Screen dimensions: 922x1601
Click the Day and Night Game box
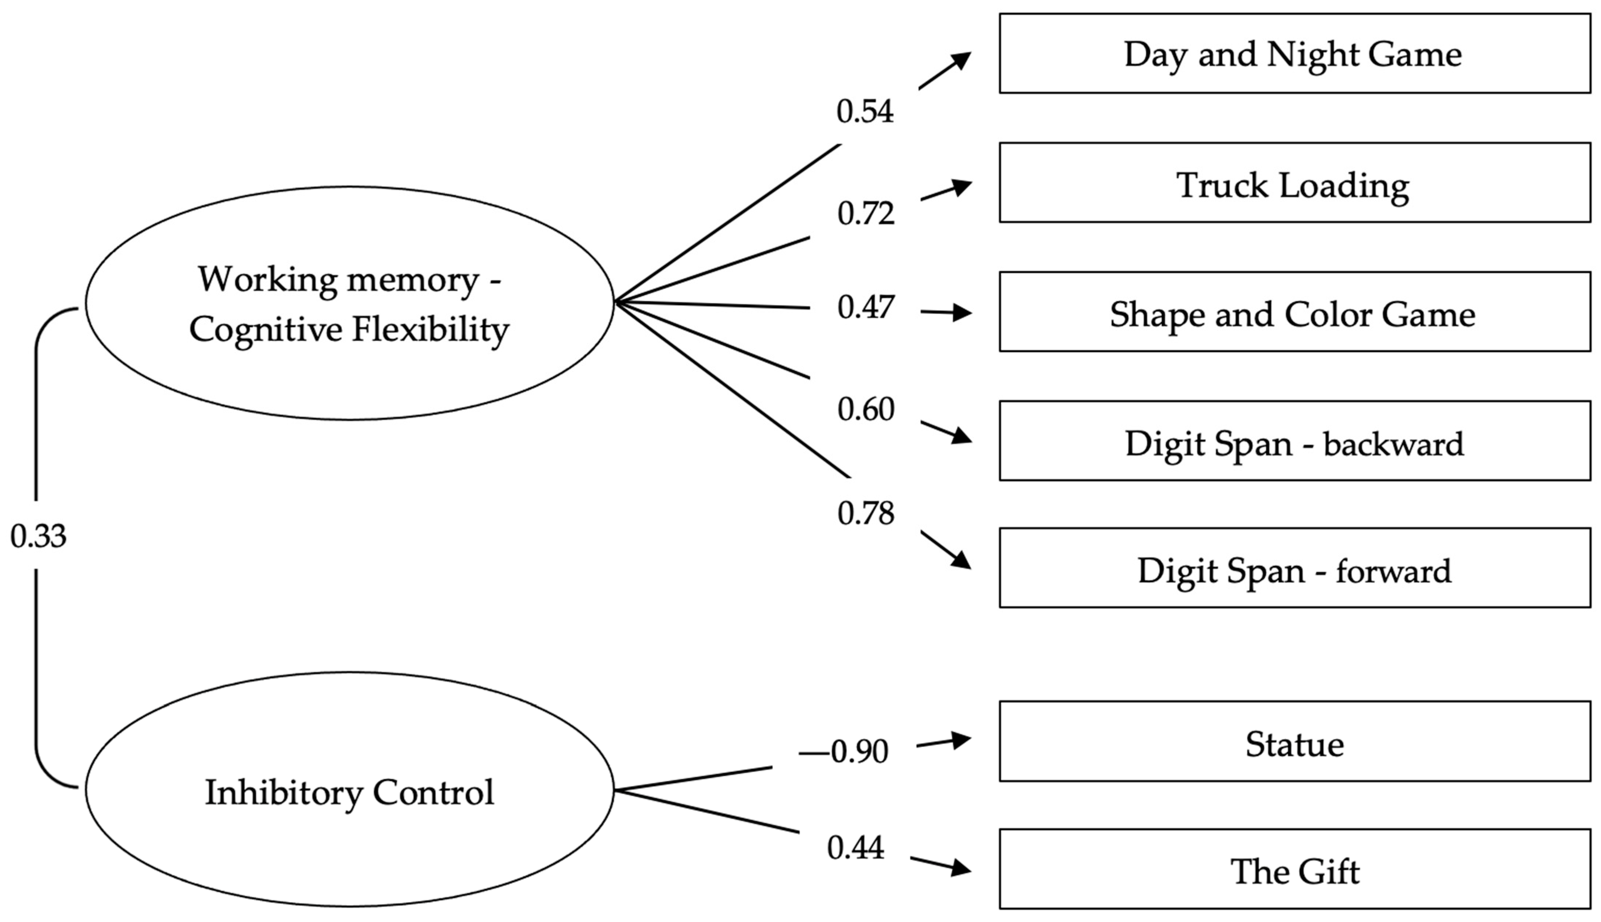[1294, 54]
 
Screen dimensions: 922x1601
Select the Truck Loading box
[1294, 183]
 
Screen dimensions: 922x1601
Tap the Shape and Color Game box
[1294, 312]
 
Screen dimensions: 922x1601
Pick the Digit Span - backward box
[1294, 441]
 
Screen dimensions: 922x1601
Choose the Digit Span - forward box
[1294, 568]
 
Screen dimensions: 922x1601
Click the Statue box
[1294, 742]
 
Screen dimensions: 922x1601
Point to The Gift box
[1294, 870]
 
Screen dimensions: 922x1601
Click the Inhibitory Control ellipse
[349, 791]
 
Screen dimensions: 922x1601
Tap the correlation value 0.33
[38, 536]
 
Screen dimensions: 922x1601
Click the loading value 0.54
[865, 111]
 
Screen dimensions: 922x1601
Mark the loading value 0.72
[865, 213]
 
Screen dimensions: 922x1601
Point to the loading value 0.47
[865, 308]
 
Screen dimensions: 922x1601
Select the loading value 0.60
[865, 410]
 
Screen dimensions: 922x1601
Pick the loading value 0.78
[865, 513]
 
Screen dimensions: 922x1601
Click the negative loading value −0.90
[844, 752]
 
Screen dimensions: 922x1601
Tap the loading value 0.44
[855, 848]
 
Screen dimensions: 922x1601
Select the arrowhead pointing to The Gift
[960, 868]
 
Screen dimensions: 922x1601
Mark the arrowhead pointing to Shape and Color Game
[962, 312]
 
